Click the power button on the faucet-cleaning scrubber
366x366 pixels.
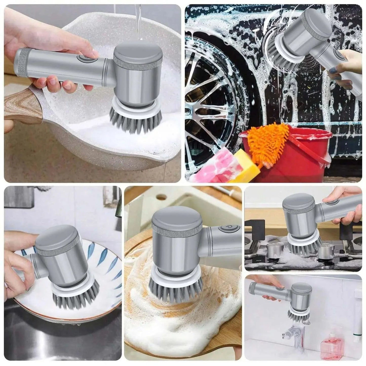[x=280, y=288]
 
